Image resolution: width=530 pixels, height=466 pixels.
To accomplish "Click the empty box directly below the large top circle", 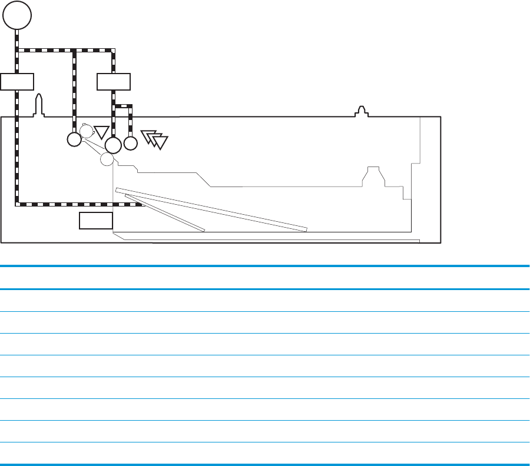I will click(17, 81).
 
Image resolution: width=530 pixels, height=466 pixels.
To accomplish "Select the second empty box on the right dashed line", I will click(114, 81).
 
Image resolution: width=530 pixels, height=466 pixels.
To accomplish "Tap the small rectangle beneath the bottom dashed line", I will click(96, 221).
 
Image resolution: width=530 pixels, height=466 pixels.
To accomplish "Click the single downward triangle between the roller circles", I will click(102, 132).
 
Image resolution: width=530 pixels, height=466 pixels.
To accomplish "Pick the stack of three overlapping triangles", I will click(155, 139).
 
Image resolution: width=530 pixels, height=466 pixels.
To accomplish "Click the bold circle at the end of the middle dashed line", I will click(74, 139).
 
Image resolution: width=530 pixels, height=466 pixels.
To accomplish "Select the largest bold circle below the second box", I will click(112, 144).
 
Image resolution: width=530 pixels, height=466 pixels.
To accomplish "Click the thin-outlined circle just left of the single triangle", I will click(87, 131).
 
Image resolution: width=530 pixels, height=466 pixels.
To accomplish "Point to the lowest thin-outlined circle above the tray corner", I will click(107, 159).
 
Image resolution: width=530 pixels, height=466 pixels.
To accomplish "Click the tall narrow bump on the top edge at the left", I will click(39, 105).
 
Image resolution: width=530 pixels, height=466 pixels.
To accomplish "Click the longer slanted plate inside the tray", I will click(212, 209).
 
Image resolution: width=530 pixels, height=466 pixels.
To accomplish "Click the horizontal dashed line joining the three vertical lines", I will click(65, 51).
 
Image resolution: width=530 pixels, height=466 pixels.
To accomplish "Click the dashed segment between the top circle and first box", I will click(17, 53).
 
